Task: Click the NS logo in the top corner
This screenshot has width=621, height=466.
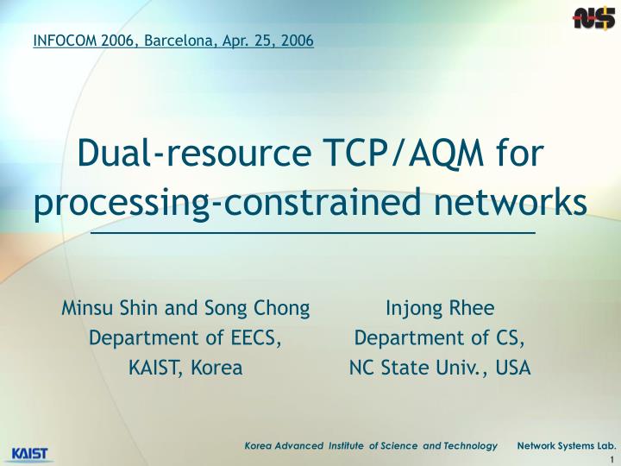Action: pos(593,17)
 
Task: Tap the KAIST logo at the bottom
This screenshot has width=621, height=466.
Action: pos(30,453)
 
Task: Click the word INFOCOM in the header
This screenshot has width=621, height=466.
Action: pos(64,41)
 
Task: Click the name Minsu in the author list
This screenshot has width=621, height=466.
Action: pos(85,308)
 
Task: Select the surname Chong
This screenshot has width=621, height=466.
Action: pos(282,308)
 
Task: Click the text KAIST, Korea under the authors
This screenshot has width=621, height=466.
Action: pos(185,368)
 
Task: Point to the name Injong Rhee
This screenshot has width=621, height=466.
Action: pos(440,308)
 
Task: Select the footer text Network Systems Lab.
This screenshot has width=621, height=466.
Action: pos(566,445)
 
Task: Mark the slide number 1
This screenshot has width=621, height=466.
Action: pos(612,459)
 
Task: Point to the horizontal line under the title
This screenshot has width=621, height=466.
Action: pos(312,233)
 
